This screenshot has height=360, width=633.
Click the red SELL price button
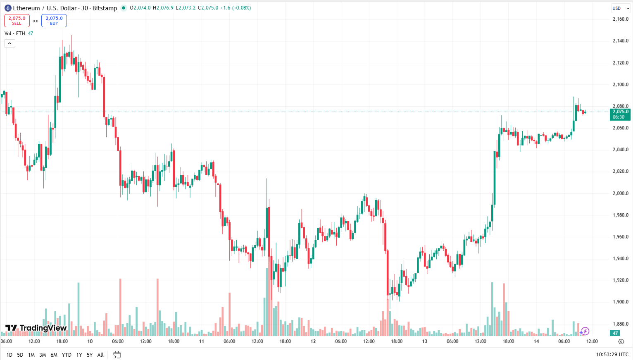[x=17, y=20]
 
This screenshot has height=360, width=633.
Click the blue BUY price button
[x=54, y=20]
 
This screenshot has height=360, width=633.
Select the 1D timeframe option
[x=10, y=355]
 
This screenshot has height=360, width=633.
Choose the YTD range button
[x=67, y=355]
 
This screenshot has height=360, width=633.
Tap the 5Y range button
[x=90, y=355]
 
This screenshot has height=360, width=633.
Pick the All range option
[x=100, y=355]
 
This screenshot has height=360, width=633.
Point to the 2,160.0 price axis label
[x=620, y=19]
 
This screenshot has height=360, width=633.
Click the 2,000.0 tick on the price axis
[x=620, y=193]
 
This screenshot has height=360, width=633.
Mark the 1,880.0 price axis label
[x=620, y=324]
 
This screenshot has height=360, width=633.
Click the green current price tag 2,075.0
[x=620, y=114]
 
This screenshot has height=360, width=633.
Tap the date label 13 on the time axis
[x=425, y=341]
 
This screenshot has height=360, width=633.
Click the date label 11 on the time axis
[x=202, y=341]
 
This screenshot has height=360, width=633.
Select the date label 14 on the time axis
[x=536, y=341]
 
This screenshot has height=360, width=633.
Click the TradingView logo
[x=36, y=328]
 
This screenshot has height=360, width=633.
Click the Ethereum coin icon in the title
[x=8, y=8]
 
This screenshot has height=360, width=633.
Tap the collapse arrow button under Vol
[x=10, y=43]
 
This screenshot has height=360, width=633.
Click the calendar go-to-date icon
[x=117, y=355]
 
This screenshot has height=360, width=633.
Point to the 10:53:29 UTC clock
[x=612, y=355]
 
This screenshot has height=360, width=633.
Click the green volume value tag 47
[x=615, y=333]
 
